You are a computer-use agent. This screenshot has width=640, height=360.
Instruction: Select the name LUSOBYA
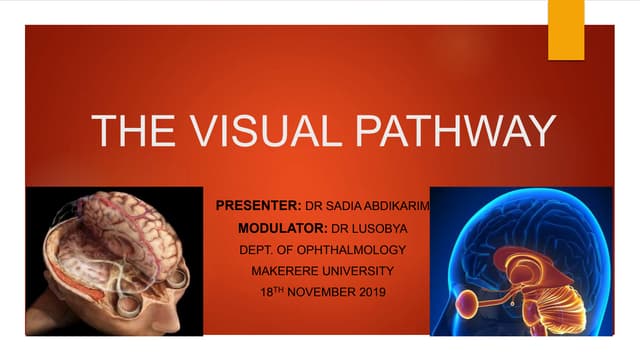[371, 229]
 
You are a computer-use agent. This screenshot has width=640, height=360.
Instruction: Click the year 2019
[366, 292]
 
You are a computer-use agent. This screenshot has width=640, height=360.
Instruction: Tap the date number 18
[261, 292]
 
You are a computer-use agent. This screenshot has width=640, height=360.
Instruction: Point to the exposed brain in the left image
[120, 240]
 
